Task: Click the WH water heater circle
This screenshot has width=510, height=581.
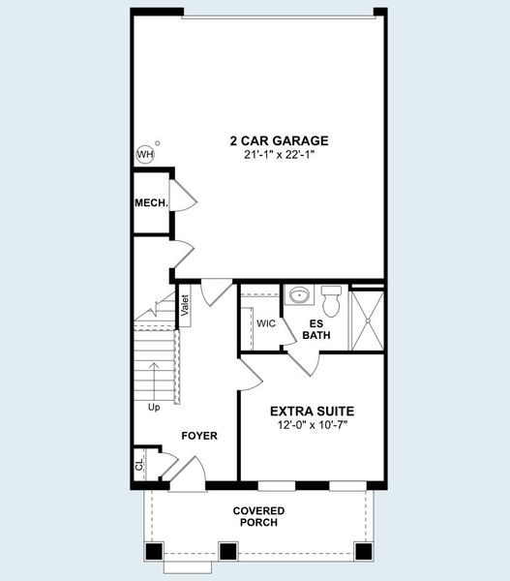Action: [145, 154]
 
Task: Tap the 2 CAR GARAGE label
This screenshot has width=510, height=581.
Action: [280, 140]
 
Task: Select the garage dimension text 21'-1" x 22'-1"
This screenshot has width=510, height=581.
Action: [280, 155]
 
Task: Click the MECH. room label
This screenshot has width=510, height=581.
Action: [151, 203]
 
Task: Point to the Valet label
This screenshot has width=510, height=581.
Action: [185, 305]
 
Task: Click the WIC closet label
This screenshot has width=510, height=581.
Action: [266, 323]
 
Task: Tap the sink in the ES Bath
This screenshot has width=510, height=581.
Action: [299, 295]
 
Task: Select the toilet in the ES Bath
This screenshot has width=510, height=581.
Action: [331, 301]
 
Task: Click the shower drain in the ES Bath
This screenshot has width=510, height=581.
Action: [368, 321]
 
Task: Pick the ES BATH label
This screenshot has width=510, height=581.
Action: [316, 329]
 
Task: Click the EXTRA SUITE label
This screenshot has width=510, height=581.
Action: [312, 412]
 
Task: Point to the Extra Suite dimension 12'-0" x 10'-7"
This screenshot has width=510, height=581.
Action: [313, 425]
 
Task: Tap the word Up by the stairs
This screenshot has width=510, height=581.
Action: [154, 408]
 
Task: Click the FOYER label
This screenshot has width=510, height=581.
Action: [199, 436]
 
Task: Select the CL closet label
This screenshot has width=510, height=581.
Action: [139, 465]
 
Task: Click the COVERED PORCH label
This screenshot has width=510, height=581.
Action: [259, 516]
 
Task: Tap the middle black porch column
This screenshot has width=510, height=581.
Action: [228, 552]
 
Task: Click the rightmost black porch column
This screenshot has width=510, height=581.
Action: [363, 552]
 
